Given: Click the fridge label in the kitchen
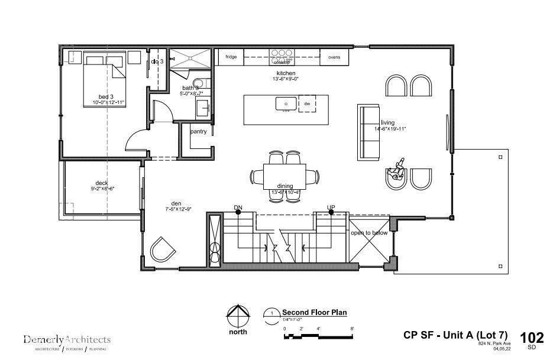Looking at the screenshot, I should [231, 57].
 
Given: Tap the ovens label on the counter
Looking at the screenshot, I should [334, 57].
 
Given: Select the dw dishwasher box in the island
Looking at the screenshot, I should [307, 103].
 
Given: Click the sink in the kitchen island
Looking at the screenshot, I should [286, 103].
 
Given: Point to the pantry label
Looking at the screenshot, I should [198, 131].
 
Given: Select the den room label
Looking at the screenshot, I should [176, 203].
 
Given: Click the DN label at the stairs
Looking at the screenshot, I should [238, 207].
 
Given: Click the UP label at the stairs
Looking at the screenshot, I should [331, 207].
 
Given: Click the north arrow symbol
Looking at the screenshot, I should [238, 316].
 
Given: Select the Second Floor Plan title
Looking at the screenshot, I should [314, 312].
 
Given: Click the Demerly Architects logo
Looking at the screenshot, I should [67, 340].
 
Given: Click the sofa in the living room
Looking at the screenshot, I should [368, 131].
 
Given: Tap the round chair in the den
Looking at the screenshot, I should [162, 249].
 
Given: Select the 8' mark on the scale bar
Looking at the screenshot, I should [352, 329].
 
